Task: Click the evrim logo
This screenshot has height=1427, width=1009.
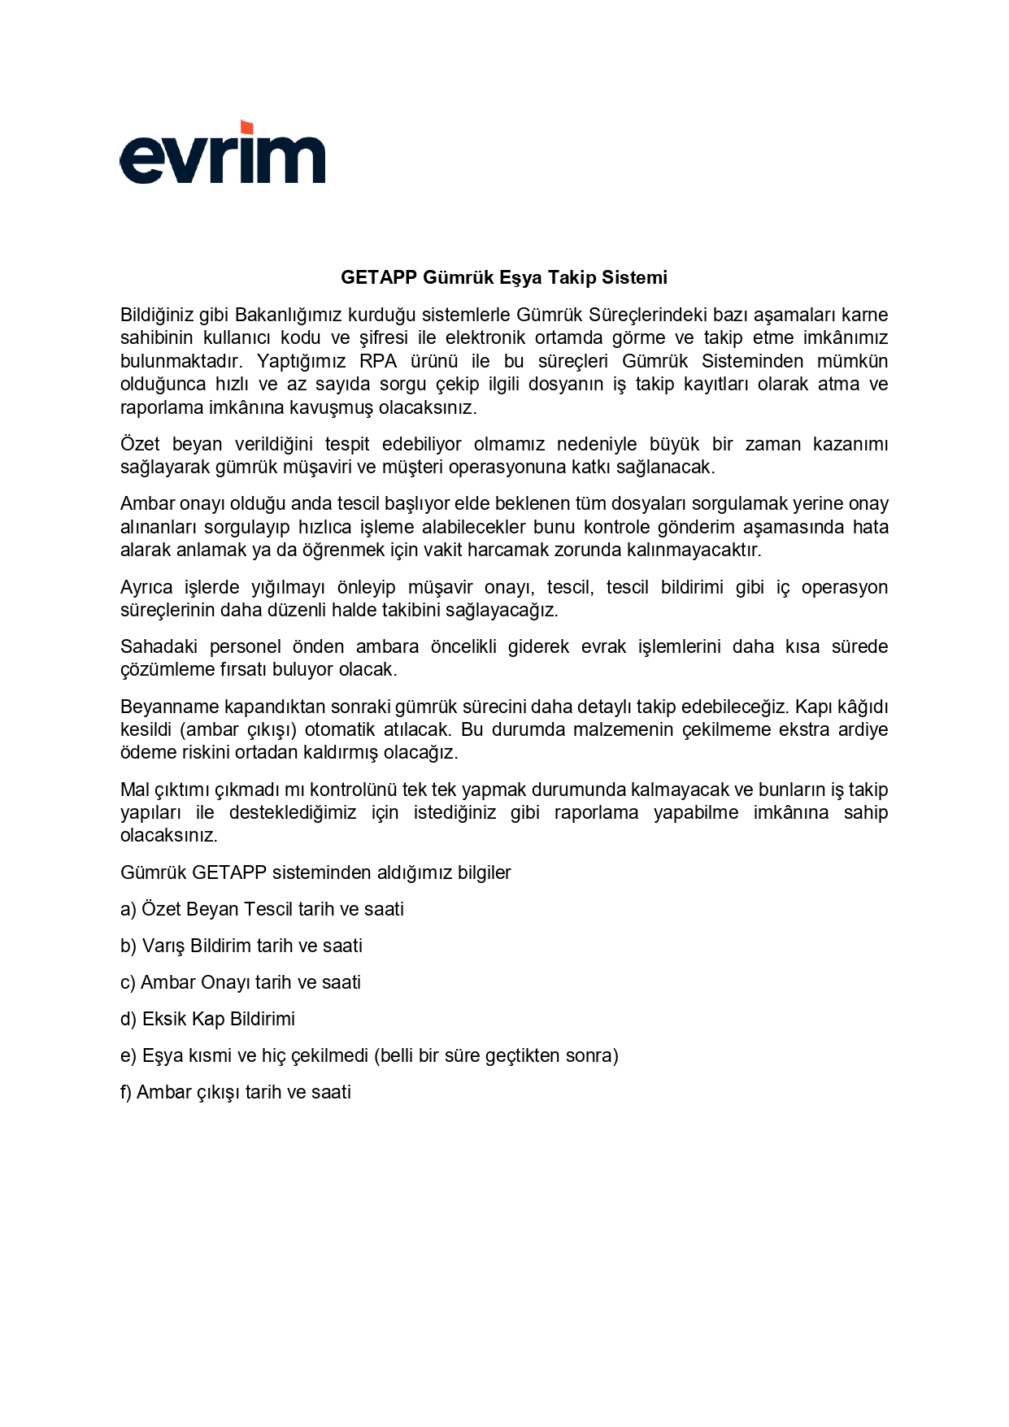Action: [x=222, y=154]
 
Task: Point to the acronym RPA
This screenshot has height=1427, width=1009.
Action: [x=378, y=361]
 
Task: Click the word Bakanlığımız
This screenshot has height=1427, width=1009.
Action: [x=285, y=315]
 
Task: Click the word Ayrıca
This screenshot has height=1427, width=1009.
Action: [x=146, y=587]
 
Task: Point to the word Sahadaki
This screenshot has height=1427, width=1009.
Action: [x=156, y=646]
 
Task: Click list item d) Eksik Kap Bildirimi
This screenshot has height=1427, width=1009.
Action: [x=207, y=1019]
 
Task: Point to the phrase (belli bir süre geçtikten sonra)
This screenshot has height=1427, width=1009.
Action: [x=496, y=1055]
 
